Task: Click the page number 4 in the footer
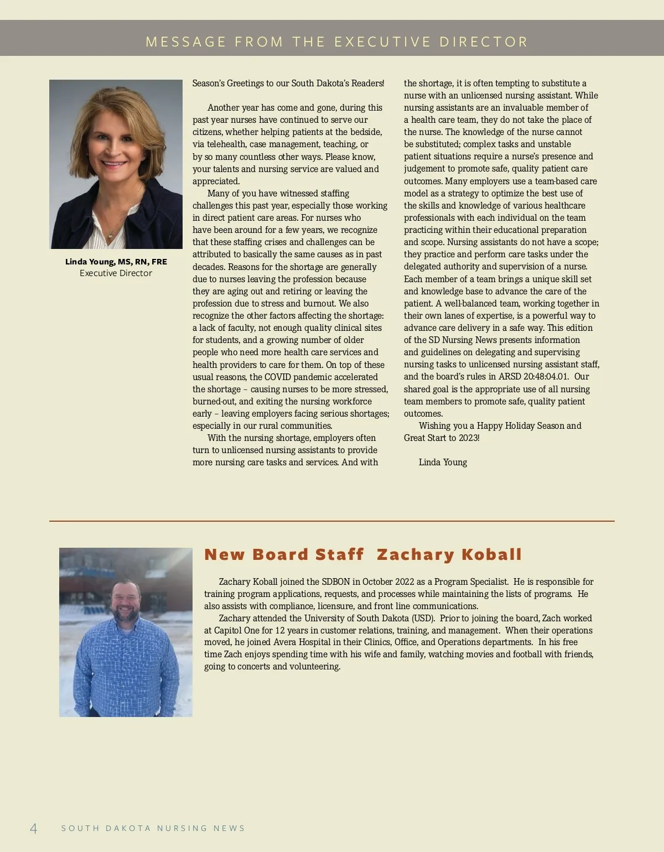[34, 828]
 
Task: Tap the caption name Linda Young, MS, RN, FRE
[116, 262]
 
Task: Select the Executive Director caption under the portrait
[116, 273]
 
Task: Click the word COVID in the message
[278, 377]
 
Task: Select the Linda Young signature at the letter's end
[443, 463]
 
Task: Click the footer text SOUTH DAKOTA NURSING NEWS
[153, 828]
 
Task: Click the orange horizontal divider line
[332, 521]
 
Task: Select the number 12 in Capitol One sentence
[280, 631]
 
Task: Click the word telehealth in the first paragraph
[226, 144]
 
